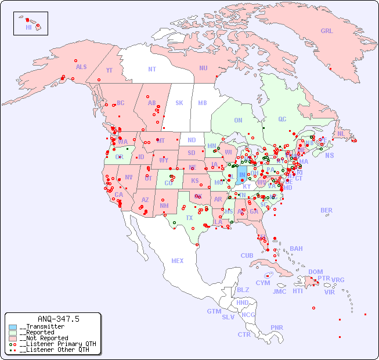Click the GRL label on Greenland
327,31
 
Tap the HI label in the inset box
28,27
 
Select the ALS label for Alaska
81,67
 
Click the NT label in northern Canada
151,69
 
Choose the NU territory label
203,68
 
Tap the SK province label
179,103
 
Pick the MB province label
203,103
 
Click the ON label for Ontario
238,120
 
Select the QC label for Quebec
282,119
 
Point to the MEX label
177,261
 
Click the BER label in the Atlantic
327,210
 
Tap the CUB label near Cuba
247,255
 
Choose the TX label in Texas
189,218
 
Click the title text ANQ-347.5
58,319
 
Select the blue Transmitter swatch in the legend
13,327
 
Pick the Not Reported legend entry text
44,338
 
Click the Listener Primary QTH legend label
55,344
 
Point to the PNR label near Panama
277,327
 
